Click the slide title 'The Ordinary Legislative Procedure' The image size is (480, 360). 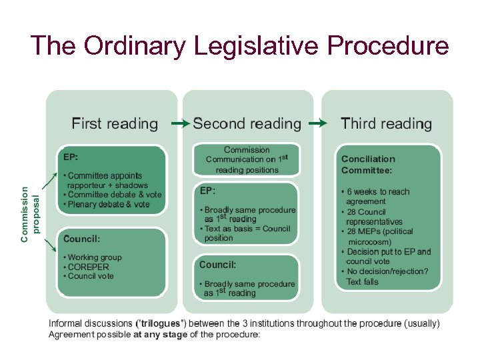(x=239, y=45)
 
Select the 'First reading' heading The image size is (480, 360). (x=115, y=123)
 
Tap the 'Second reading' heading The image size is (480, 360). (x=247, y=123)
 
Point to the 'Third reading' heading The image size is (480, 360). (x=386, y=123)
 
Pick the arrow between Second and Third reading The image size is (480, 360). (x=319, y=124)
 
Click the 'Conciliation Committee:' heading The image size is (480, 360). (x=369, y=164)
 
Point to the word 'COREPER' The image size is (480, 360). (x=88, y=267)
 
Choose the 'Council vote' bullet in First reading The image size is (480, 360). (x=91, y=276)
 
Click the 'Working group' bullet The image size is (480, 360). (x=95, y=257)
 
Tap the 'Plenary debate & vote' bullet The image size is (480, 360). (x=109, y=204)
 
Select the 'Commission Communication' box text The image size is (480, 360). (x=247, y=160)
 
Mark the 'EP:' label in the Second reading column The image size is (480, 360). (x=207, y=190)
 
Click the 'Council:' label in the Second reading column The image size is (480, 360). (x=217, y=265)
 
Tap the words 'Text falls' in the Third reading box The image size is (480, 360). (x=362, y=281)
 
